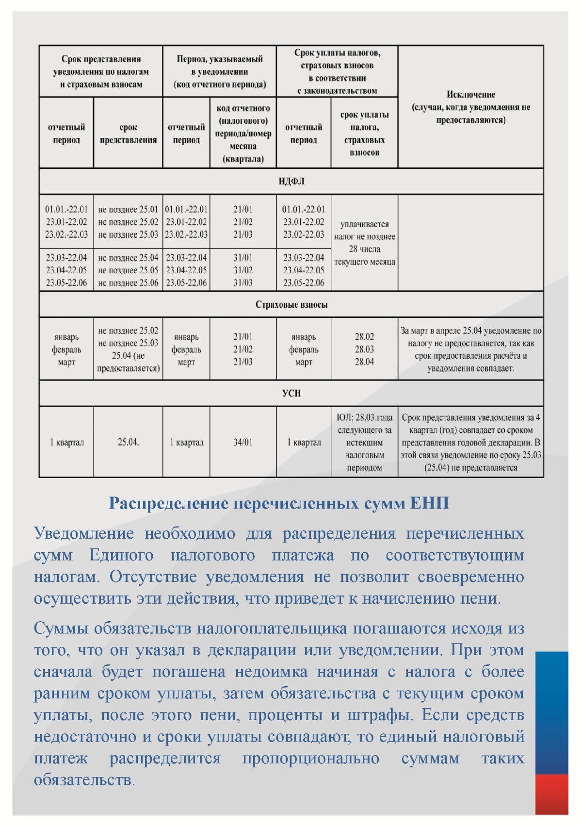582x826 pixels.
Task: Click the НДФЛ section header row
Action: coord(291,182)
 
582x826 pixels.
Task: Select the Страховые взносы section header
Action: coord(291,305)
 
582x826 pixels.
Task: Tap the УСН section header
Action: coord(291,393)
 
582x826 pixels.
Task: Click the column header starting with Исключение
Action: coord(470,107)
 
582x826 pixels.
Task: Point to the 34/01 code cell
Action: coord(243,442)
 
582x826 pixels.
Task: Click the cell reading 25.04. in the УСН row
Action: coord(128,442)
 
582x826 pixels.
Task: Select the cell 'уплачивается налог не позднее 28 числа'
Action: coord(364,243)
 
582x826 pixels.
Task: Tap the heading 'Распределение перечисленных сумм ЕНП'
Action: coord(279,503)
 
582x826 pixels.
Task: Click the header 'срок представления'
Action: coord(128,133)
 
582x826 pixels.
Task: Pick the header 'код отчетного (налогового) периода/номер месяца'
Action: coord(243,133)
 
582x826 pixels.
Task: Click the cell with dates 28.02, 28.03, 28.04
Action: coord(364,349)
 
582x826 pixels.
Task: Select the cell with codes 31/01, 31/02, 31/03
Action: coord(243,270)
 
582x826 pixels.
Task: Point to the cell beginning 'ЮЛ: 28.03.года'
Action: coord(364,442)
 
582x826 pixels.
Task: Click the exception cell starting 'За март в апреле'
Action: coord(470,349)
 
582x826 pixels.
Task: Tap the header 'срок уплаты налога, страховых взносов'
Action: coord(364,133)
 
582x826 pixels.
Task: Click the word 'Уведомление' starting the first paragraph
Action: coord(84,533)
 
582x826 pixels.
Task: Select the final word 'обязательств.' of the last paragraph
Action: coord(84,780)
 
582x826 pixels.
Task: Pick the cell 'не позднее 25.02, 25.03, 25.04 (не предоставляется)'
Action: coord(128,349)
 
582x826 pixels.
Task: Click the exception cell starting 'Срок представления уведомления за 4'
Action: coord(470,442)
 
